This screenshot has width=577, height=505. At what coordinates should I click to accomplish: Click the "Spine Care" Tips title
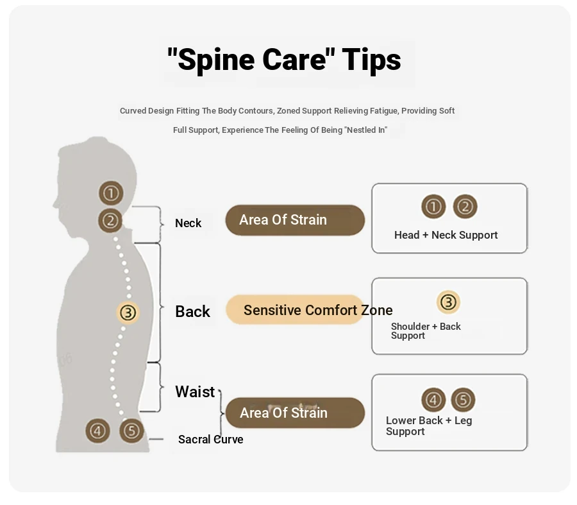pos(284,60)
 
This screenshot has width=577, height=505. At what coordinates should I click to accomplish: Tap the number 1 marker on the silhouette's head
pos(111,193)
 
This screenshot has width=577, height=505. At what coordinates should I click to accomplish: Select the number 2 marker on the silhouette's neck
pos(111,221)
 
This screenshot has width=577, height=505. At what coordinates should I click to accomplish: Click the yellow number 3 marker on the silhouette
pos(128,312)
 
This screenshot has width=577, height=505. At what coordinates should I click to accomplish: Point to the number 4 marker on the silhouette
pos(98,430)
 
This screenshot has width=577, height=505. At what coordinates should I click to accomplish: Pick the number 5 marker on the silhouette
pos(131,430)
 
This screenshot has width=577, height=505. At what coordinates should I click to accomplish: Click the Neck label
pos(188,223)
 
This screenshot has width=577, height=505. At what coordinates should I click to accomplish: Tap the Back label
pos(192,312)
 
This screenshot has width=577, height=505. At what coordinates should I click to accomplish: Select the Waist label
pos(195,391)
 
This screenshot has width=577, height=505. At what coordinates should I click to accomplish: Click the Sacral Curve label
pos(210,440)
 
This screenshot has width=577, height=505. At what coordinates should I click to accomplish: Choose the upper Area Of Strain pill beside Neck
pos(295,220)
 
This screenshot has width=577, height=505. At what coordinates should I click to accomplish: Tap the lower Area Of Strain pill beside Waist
pos(295,413)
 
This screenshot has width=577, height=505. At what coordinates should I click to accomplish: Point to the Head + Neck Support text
pos(446,235)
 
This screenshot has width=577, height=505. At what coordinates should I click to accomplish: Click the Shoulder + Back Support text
pos(426,330)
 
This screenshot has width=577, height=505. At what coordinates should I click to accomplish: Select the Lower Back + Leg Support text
pos(428,425)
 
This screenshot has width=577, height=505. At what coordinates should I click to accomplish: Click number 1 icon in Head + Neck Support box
pos(433,207)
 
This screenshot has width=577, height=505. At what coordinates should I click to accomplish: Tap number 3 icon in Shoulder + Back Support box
pos(448,302)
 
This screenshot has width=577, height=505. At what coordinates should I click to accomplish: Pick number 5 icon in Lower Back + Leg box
pos(463,400)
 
